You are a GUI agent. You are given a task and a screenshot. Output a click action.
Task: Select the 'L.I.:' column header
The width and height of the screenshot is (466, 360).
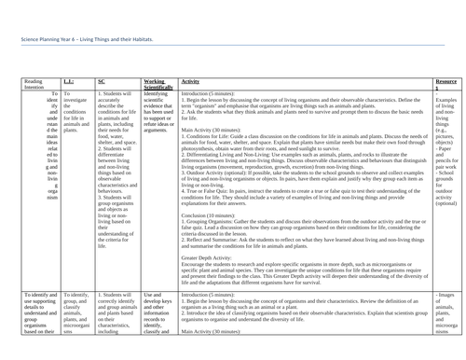point(71,81)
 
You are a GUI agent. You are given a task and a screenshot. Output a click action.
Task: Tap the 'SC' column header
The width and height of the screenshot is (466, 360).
point(101,81)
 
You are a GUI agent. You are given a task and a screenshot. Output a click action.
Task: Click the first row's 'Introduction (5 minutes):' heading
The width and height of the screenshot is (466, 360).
point(211,94)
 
